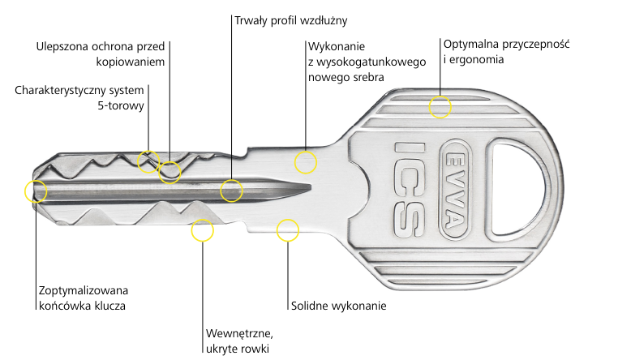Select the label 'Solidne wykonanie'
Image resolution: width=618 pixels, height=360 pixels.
(x=337, y=306)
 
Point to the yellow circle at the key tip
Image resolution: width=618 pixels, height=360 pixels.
(x=36, y=191)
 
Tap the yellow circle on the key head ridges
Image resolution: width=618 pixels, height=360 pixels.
(x=440, y=107)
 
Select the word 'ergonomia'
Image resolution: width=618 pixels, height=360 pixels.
(x=479, y=59)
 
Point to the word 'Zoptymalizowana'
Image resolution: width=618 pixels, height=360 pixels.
(x=84, y=289)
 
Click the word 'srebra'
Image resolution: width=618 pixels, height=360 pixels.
(x=365, y=77)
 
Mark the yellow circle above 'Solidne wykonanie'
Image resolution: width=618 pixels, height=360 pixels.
(x=288, y=230)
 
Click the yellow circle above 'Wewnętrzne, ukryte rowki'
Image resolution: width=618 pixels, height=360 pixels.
(x=202, y=230)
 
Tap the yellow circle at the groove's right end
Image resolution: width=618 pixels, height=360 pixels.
(x=232, y=191)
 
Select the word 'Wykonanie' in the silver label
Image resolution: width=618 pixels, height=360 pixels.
(x=337, y=45)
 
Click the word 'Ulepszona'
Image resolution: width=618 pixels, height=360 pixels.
(x=64, y=45)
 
